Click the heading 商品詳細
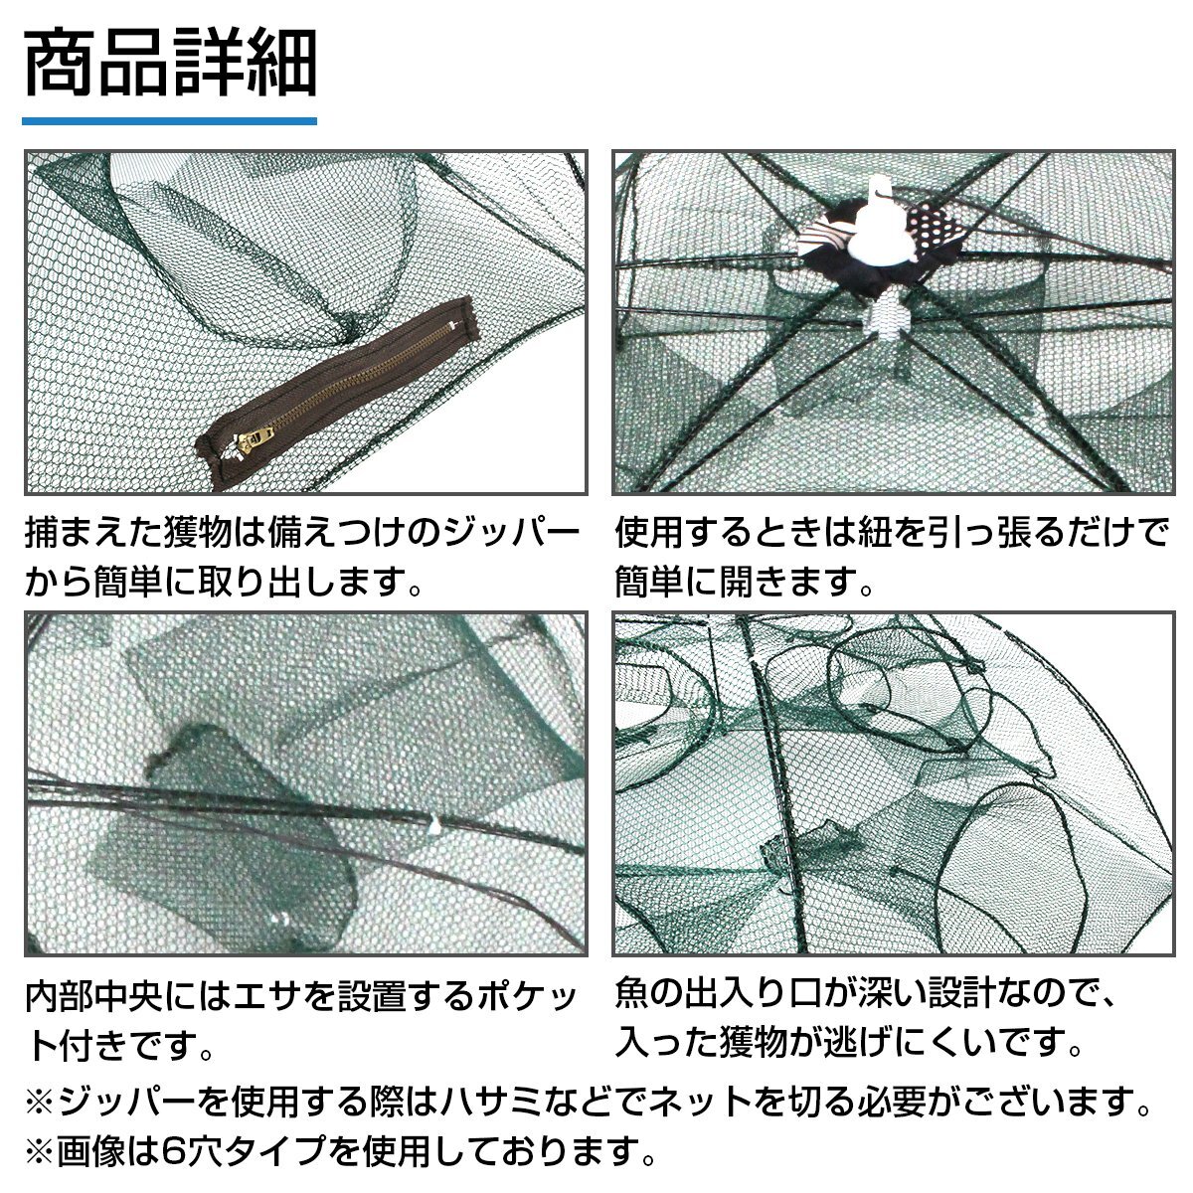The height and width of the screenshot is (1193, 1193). coord(170,65)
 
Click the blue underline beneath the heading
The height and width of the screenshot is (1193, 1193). coord(170,121)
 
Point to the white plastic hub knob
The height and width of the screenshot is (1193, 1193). coord(875,219)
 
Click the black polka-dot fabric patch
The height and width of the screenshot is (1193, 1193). coord(935,221)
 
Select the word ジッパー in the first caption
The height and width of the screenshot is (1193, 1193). coord(495,534)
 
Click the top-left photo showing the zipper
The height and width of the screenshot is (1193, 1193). coord(305,323)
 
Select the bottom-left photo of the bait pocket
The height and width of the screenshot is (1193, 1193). coord(305,783)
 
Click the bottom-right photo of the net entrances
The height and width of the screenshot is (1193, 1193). coord(893,783)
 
